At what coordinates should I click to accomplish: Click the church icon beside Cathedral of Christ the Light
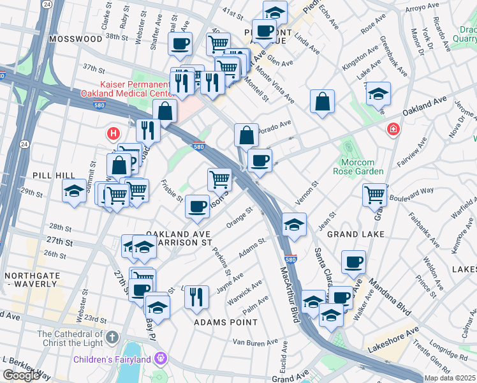(x=112, y=336)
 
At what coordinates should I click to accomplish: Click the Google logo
(x=20, y=375)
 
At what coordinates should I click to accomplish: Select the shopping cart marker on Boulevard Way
(x=374, y=193)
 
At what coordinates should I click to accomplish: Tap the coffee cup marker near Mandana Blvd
(x=353, y=260)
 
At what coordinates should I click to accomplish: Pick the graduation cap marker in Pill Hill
(x=74, y=190)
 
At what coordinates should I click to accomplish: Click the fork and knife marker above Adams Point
(x=196, y=296)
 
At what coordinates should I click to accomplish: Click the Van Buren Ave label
(x=254, y=343)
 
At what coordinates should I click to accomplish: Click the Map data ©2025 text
(x=450, y=377)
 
